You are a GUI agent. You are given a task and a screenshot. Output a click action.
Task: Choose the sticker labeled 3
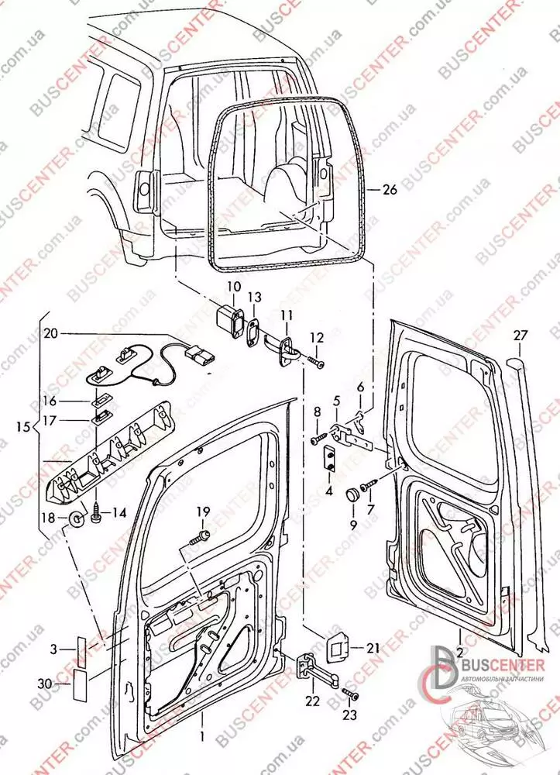(x=82, y=649)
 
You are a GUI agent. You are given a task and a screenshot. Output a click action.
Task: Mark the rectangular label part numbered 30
(x=81, y=682)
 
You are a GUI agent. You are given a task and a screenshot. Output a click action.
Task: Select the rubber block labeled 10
(x=228, y=321)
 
